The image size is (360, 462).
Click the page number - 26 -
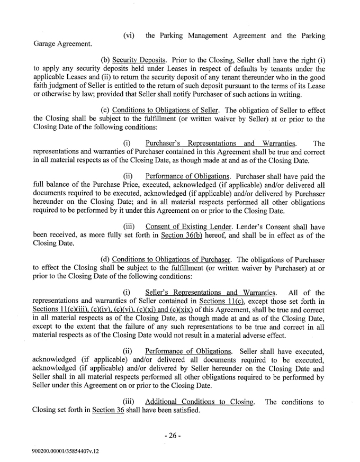pos(173,406)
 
